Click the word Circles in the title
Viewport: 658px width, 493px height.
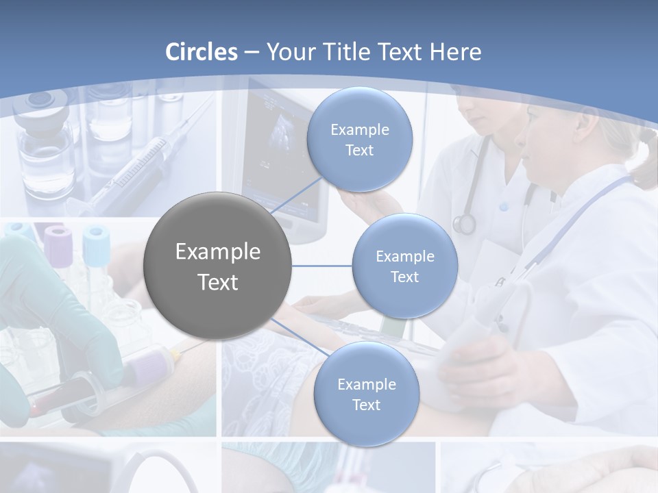(x=202, y=52)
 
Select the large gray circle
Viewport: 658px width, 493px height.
(x=217, y=266)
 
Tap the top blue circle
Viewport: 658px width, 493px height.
(x=359, y=140)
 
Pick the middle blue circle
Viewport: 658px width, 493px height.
(x=404, y=266)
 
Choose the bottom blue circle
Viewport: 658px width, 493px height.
(x=366, y=394)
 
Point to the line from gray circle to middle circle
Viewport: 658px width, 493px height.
(x=322, y=266)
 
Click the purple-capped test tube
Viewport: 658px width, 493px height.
(x=59, y=250)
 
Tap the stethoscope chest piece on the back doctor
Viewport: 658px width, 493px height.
(x=464, y=223)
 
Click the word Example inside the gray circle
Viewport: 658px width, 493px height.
(x=217, y=252)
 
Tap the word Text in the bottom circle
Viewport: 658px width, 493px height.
(x=366, y=405)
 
